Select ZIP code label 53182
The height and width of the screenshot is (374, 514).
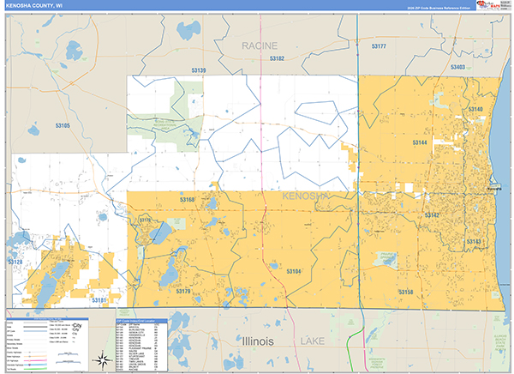pos(277,58)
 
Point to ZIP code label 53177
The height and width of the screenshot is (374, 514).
pos(380,45)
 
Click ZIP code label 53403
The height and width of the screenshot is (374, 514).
pos(457,66)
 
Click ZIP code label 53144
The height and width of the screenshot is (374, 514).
pos(420,142)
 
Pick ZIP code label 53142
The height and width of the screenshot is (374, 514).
pos(432,214)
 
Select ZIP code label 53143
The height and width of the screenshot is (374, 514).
pos(474,242)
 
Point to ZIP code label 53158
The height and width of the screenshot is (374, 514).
pos(405,292)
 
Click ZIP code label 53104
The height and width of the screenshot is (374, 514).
pos(294,271)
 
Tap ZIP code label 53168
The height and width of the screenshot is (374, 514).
pos(187,199)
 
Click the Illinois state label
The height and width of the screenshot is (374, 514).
pos(248,341)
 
